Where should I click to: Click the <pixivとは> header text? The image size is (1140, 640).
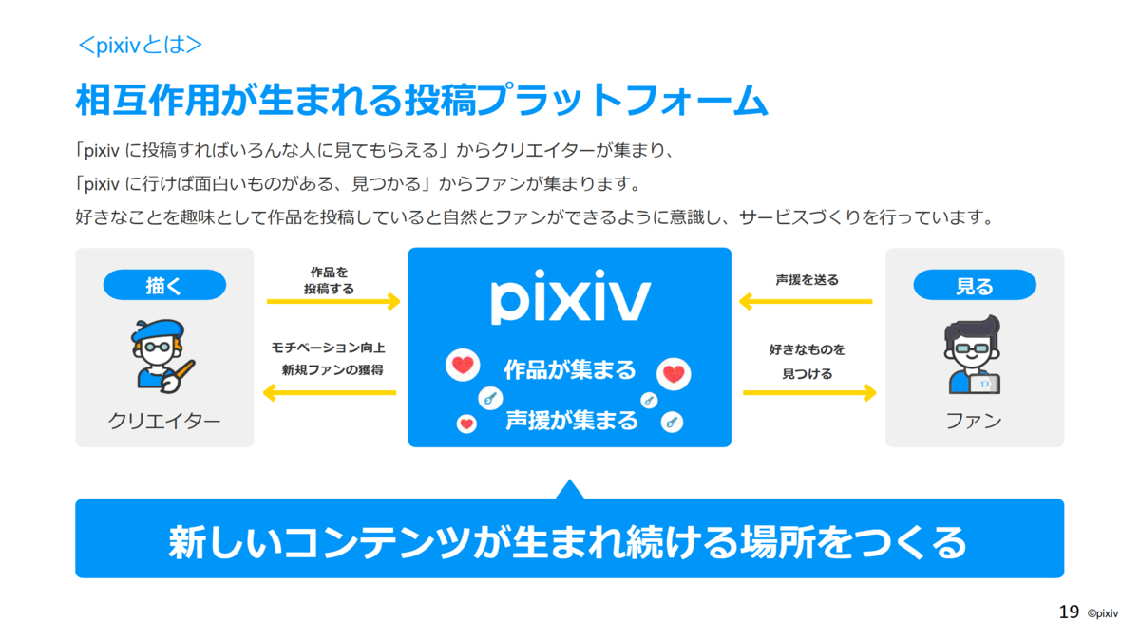click(x=140, y=46)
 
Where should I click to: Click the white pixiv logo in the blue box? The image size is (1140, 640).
click(x=570, y=296)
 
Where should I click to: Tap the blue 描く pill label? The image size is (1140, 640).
click(x=164, y=285)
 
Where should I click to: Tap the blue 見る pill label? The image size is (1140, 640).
click(x=975, y=285)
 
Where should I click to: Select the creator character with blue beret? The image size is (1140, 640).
click(x=161, y=356)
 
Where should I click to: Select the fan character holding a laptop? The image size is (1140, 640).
click(x=972, y=354)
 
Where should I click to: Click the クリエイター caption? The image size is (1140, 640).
click(x=163, y=422)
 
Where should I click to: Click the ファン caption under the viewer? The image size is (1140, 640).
click(x=974, y=422)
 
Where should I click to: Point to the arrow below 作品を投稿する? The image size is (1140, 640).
click(x=333, y=301)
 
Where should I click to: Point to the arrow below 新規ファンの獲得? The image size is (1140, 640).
click(x=330, y=393)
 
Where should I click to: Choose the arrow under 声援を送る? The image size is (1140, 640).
click(x=806, y=301)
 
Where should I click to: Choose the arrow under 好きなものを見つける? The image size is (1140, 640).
click(x=809, y=393)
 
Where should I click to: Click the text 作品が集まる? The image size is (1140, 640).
click(x=570, y=370)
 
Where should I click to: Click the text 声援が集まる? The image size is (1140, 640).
click(x=572, y=421)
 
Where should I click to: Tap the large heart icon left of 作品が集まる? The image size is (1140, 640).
click(x=463, y=365)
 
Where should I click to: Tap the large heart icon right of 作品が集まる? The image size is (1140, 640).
click(x=674, y=374)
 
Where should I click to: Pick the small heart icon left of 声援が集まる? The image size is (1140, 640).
click(x=466, y=424)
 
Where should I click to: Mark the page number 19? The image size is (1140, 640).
click(x=1069, y=612)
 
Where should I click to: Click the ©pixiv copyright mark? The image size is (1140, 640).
click(x=1103, y=613)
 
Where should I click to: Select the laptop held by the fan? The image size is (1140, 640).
click(x=984, y=385)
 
